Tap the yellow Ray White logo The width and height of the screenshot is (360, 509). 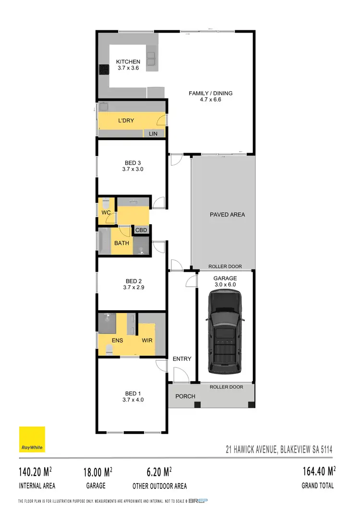[32, 439]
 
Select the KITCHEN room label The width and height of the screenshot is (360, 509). [128, 61]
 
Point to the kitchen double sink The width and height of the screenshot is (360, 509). [152, 58]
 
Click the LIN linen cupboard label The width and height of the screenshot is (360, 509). [153, 133]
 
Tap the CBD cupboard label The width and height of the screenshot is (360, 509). [141, 230]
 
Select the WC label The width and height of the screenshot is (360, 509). [106, 213]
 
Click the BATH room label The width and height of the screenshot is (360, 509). [121, 243]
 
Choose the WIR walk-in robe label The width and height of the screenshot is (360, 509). [147, 340]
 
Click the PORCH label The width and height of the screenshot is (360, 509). [185, 396]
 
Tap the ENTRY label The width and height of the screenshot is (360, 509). [181, 359]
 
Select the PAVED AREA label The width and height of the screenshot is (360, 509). [227, 215]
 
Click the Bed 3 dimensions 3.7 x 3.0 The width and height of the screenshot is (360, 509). [133, 169]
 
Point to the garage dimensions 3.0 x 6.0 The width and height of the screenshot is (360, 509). [225, 284]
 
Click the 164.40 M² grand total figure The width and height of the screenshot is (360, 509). [317, 472]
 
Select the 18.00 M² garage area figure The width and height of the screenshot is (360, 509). [97, 472]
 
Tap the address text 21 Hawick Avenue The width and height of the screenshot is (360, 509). [279, 450]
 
